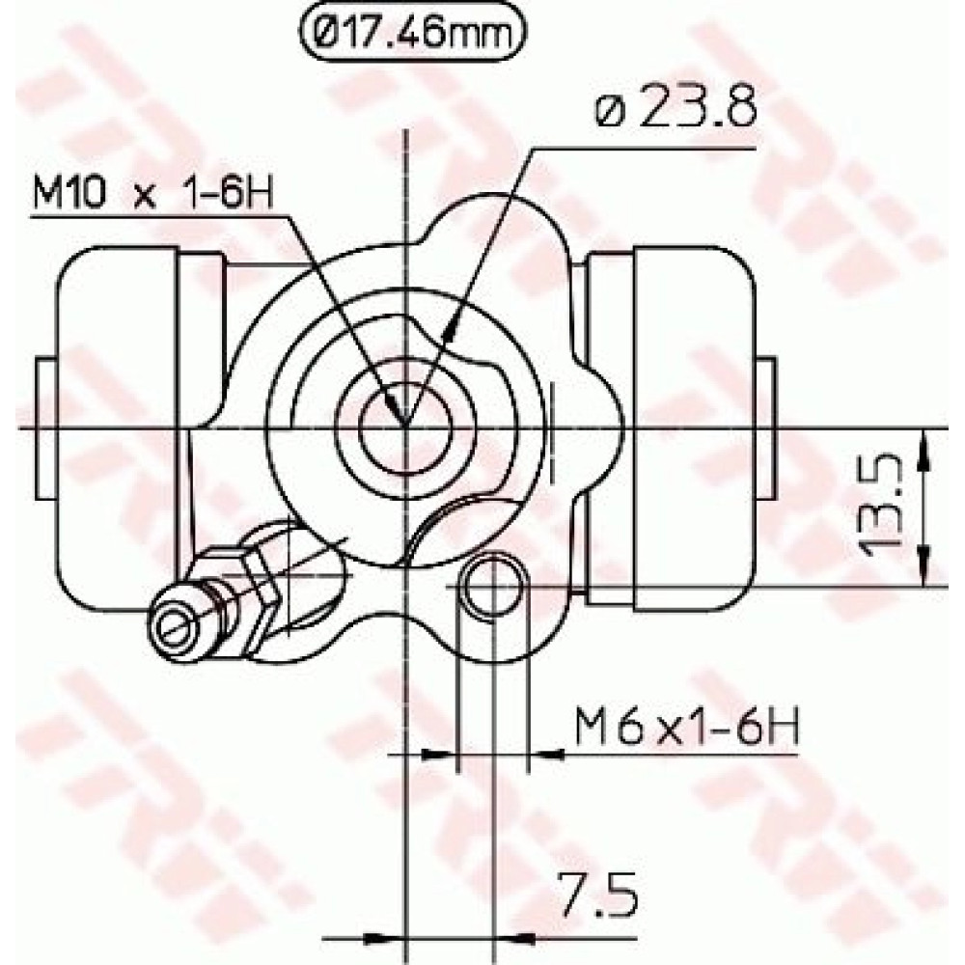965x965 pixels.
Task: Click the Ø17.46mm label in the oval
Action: tap(413, 32)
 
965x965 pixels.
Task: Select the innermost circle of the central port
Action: tap(405, 425)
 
